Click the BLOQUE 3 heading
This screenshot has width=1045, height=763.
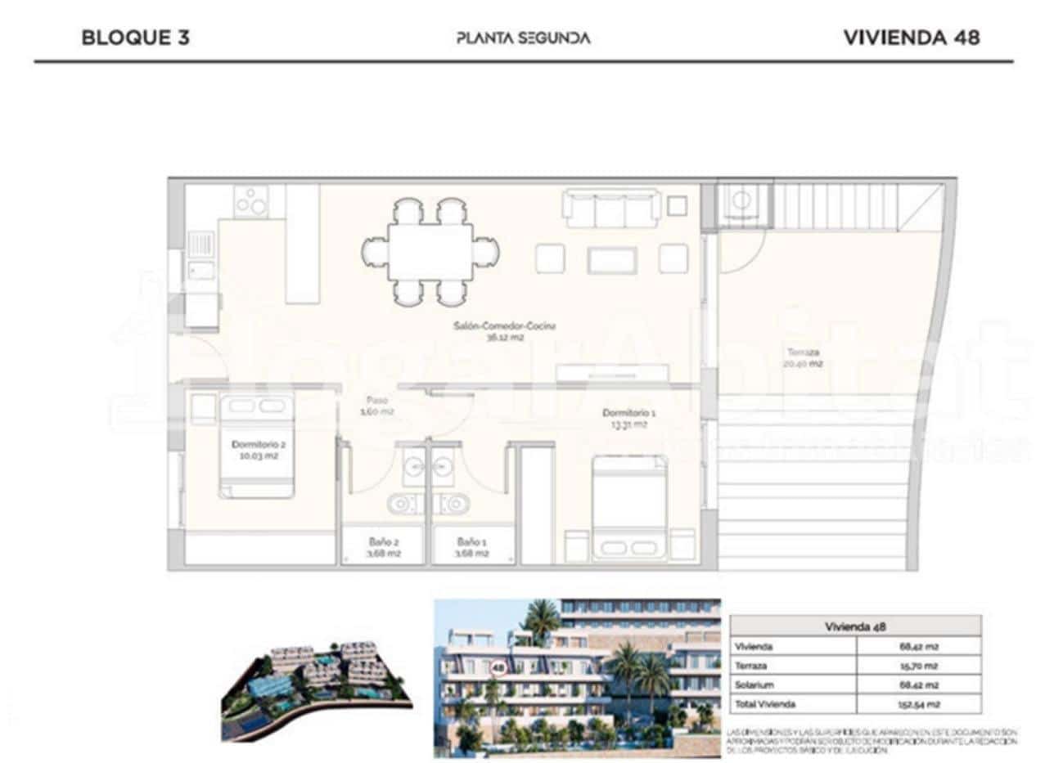(136, 38)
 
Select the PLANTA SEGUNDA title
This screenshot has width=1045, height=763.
(523, 38)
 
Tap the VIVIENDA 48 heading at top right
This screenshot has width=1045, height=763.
(912, 38)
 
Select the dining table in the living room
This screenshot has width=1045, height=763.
(430, 252)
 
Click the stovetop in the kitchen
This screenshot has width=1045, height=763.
(251, 201)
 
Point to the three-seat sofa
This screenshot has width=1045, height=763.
(611, 209)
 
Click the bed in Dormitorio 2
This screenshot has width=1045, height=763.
(256, 446)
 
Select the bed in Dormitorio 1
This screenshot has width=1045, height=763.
(629, 507)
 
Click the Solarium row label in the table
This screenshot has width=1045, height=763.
(754, 684)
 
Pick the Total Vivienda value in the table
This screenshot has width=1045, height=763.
(917, 703)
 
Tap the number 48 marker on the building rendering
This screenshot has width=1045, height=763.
(498, 667)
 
